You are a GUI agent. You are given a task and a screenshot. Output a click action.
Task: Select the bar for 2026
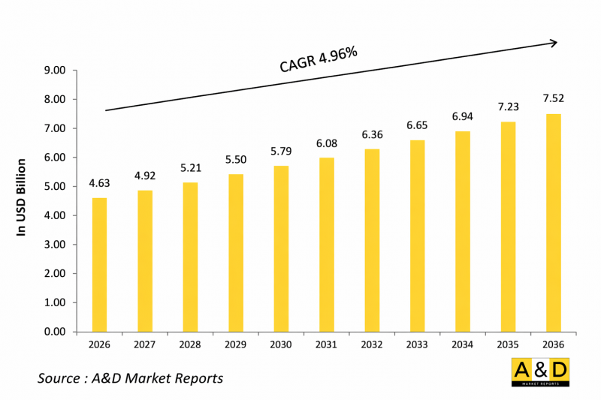(x=99, y=264)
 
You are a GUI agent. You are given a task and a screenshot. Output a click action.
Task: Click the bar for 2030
(x=281, y=248)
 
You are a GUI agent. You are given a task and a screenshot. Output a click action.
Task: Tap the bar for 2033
(x=417, y=236)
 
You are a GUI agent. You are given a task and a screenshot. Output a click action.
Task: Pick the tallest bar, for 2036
(x=553, y=222)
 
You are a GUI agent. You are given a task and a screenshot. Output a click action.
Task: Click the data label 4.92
(x=144, y=176)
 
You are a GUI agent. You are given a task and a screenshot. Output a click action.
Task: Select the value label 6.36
(x=372, y=135)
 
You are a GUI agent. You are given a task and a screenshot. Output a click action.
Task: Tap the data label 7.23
(x=508, y=107)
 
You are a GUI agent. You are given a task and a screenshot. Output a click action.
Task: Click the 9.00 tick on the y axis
(x=56, y=71)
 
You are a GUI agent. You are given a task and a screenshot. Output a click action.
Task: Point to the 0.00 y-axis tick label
(x=56, y=332)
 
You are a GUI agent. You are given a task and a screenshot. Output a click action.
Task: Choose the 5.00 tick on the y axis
(x=56, y=187)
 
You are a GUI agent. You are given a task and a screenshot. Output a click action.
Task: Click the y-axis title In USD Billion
(x=22, y=197)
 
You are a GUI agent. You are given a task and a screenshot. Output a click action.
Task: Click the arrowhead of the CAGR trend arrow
(x=554, y=43)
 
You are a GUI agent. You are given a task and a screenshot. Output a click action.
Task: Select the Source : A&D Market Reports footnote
(x=130, y=377)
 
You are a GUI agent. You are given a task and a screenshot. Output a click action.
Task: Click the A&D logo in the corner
(x=539, y=372)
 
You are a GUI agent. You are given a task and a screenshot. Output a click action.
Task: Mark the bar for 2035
(x=508, y=226)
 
